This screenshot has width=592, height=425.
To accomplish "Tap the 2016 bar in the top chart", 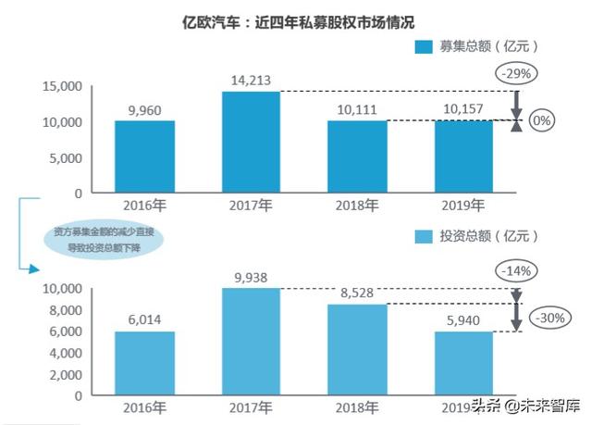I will tap(145, 156).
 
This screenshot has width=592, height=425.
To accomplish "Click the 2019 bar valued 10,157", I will tap(464, 156).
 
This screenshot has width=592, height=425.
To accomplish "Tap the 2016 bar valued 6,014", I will tap(145, 362).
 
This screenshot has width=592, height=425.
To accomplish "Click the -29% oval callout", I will tap(517, 73).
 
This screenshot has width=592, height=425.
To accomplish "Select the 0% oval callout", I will tap(543, 120).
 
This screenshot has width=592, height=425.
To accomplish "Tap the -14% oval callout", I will tap(517, 270).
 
